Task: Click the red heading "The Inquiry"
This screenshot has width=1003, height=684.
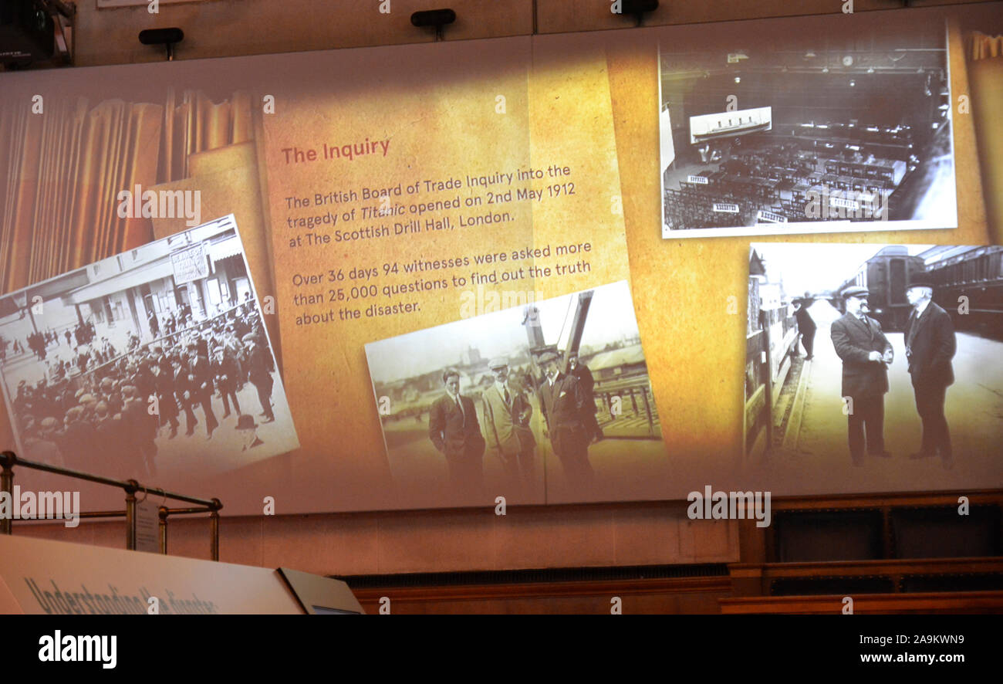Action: point(335,151)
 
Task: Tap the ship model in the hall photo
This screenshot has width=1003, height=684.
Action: point(730,124)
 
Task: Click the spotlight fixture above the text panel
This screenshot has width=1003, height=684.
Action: point(432,19)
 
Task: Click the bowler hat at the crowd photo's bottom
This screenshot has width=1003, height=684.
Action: point(246,422)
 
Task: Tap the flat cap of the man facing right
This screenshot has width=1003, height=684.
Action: point(854,292)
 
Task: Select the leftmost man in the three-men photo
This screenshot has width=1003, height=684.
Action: point(455,425)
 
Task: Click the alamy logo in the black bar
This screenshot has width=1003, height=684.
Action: point(77,648)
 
